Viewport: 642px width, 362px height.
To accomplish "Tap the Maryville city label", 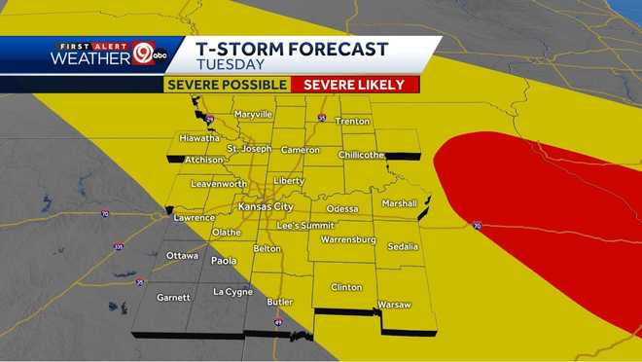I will [252, 115].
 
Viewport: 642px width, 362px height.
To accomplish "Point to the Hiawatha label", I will [199, 138].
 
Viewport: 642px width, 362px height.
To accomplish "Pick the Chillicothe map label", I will [362, 155].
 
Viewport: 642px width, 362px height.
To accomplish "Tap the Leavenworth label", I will [218, 184].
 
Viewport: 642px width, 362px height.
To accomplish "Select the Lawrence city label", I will [194, 218].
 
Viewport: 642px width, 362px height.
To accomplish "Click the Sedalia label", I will [403, 246].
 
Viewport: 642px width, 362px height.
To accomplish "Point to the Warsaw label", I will [395, 305].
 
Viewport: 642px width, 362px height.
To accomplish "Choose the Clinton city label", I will [346, 287].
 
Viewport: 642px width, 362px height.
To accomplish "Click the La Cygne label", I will [232, 292].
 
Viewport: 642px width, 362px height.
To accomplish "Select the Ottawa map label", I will [182, 256].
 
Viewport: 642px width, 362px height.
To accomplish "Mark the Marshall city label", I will [399, 203].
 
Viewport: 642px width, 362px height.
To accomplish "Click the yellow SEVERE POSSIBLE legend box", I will [227, 85].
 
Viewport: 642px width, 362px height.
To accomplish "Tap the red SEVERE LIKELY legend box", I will [354, 85].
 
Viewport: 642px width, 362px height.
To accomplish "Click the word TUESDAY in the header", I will [230, 65].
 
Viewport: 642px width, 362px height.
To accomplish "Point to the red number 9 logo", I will [144, 54].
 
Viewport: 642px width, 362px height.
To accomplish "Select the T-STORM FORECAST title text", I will [292, 49].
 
